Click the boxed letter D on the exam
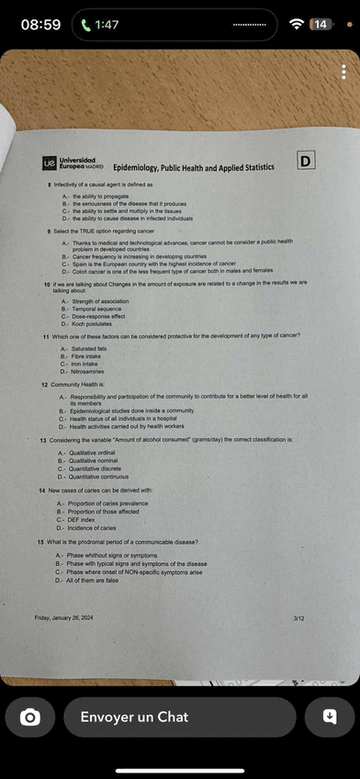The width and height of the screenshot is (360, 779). click(x=306, y=162)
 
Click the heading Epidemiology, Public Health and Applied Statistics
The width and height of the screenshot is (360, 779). click(x=194, y=168)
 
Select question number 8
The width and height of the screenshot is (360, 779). click(x=50, y=185)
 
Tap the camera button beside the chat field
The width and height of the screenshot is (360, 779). click(x=30, y=717)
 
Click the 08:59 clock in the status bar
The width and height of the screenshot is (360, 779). click(x=40, y=25)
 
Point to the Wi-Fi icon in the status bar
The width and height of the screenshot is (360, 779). click(x=297, y=24)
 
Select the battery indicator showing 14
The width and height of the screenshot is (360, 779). click(x=321, y=24)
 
